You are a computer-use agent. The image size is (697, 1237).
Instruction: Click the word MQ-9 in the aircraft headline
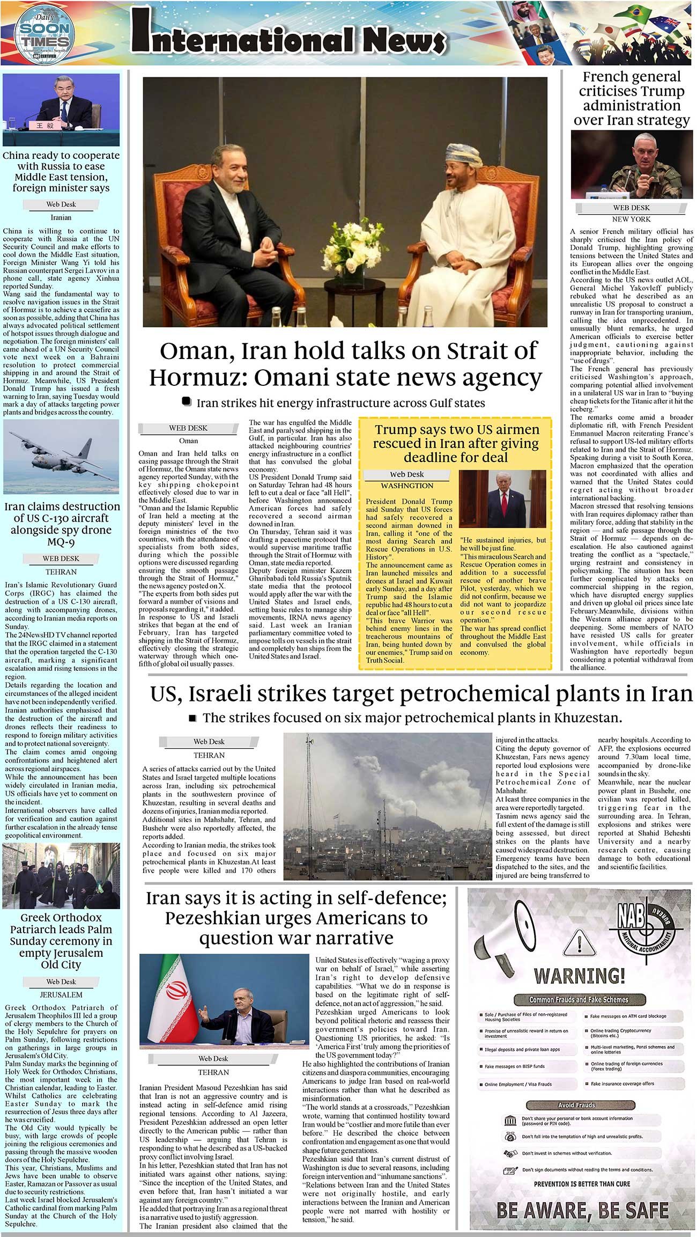[61, 541]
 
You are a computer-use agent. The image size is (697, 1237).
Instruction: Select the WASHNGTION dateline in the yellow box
[406, 486]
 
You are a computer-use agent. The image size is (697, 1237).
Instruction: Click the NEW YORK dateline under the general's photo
[631, 219]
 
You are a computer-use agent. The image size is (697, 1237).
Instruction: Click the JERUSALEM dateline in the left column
[61, 994]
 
